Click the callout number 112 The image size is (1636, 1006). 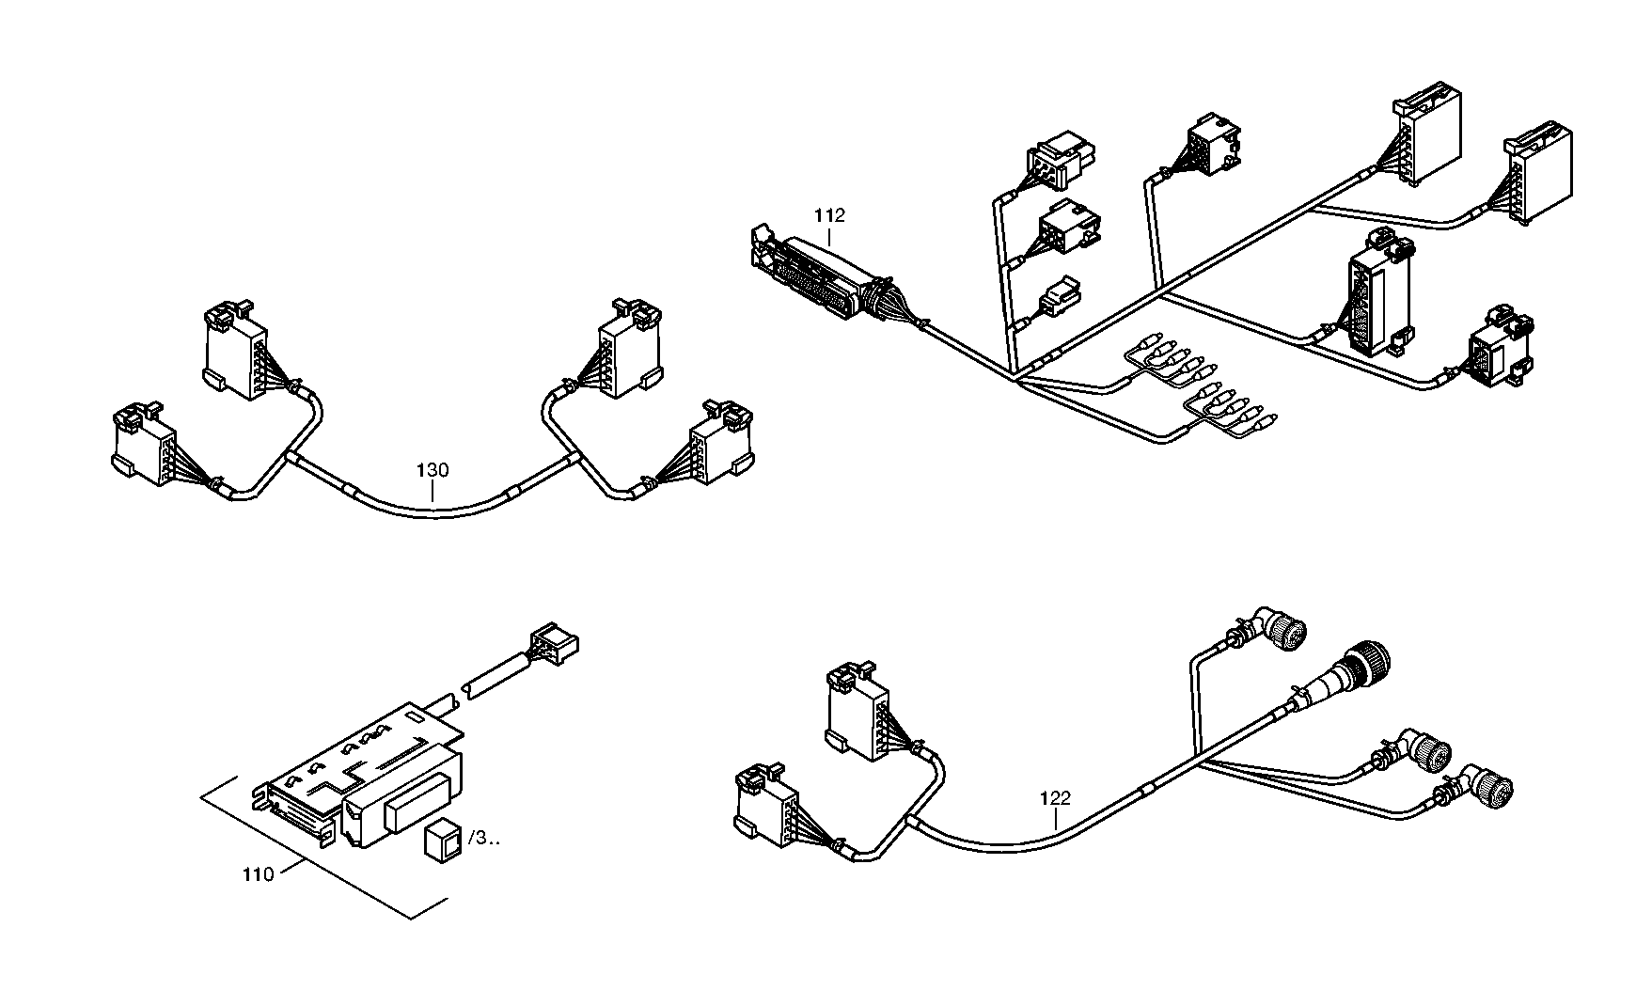(x=829, y=215)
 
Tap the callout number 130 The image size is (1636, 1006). (x=433, y=469)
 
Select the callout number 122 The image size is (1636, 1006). (x=1055, y=798)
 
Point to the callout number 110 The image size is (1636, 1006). (x=258, y=874)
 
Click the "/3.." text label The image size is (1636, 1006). (x=483, y=838)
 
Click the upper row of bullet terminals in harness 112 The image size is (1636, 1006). (x=1172, y=360)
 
